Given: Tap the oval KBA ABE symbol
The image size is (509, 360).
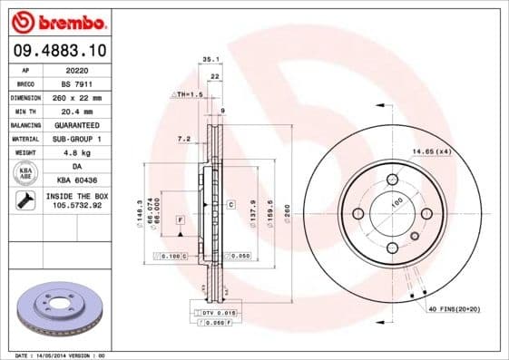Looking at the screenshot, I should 26,172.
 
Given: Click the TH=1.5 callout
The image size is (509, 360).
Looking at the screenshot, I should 186,94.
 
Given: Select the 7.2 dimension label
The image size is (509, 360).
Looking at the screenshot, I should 182,139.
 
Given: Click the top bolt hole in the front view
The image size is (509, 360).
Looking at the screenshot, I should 392,179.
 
